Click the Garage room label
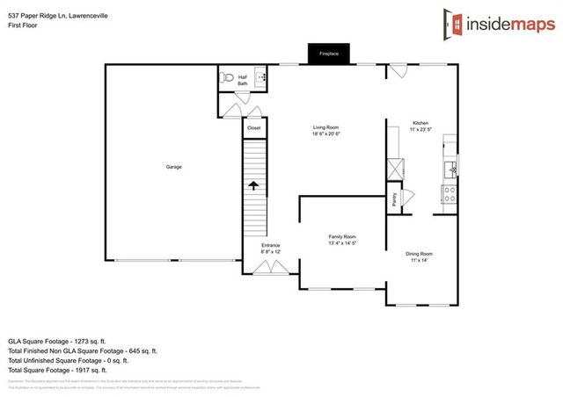pyautogui.click(x=174, y=166)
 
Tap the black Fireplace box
pyautogui.click(x=330, y=54)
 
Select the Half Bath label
pyautogui.click(x=243, y=80)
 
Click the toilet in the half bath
pyautogui.click(x=226, y=77)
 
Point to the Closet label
pyautogui.click(x=253, y=128)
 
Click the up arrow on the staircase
pyautogui.click(x=253, y=185)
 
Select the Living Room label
pyautogui.click(x=325, y=128)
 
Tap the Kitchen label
pyautogui.click(x=421, y=123)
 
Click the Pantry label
pyautogui.click(x=394, y=199)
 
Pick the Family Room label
pyautogui.click(x=342, y=236)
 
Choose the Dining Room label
pyautogui.click(x=419, y=254)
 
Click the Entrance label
pyautogui.click(x=271, y=245)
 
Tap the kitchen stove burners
pyautogui.click(x=449, y=192)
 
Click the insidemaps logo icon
pyautogui.click(x=454, y=24)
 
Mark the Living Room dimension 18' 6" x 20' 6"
pyautogui.click(x=325, y=134)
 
